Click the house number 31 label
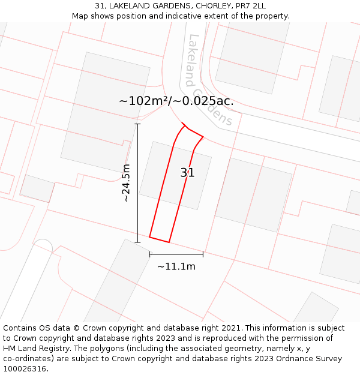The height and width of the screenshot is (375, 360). (x=188, y=173)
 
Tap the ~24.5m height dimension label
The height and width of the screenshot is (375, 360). (x=126, y=182)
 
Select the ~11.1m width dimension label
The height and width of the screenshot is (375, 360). (x=176, y=266)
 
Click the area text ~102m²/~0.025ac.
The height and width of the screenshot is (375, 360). (x=176, y=101)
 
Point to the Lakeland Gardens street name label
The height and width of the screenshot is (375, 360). (x=209, y=80)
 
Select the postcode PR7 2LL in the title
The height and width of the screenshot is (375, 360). (x=251, y=6)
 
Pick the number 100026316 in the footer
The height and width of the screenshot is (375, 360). (x=24, y=369)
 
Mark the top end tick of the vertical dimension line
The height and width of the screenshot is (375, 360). (x=137, y=124)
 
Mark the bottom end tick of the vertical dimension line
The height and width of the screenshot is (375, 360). (x=137, y=242)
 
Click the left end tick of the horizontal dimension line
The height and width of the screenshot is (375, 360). (x=149, y=254)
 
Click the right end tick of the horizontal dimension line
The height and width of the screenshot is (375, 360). (x=203, y=254)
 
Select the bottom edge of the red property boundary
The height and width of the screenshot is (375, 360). (x=159, y=239)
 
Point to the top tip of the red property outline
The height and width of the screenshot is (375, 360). (x=182, y=124)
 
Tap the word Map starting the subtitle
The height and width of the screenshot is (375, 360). (x=80, y=16)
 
